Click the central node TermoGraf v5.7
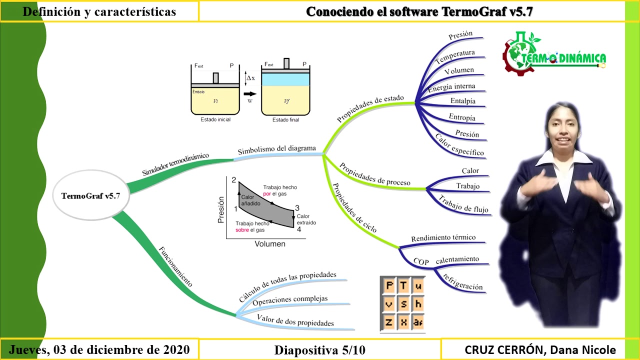click(x=91, y=195)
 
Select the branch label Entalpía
click(x=463, y=101)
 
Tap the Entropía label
click(x=462, y=117)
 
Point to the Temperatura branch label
click(x=455, y=56)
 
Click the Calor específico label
click(x=459, y=145)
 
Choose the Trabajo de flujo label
click(x=463, y=204)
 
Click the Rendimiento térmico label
click(x=443, y=237)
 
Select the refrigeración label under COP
click(x=462, y=282)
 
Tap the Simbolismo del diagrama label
click(x=277, y=149)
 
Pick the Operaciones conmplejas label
click(x=290, y=300)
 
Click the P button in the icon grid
click(x=389, y=285)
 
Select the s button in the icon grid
click(x=403, y=303)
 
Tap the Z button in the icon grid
click(x=389, y=322)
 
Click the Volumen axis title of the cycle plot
click(x=270, y=243)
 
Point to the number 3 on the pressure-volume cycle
click(x=297, y=207)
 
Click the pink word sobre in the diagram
click(x=242, y=230)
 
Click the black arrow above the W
click(x=250, y=93)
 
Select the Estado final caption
click(x=285, y=119)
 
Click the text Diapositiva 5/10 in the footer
click(x=319, y=350)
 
